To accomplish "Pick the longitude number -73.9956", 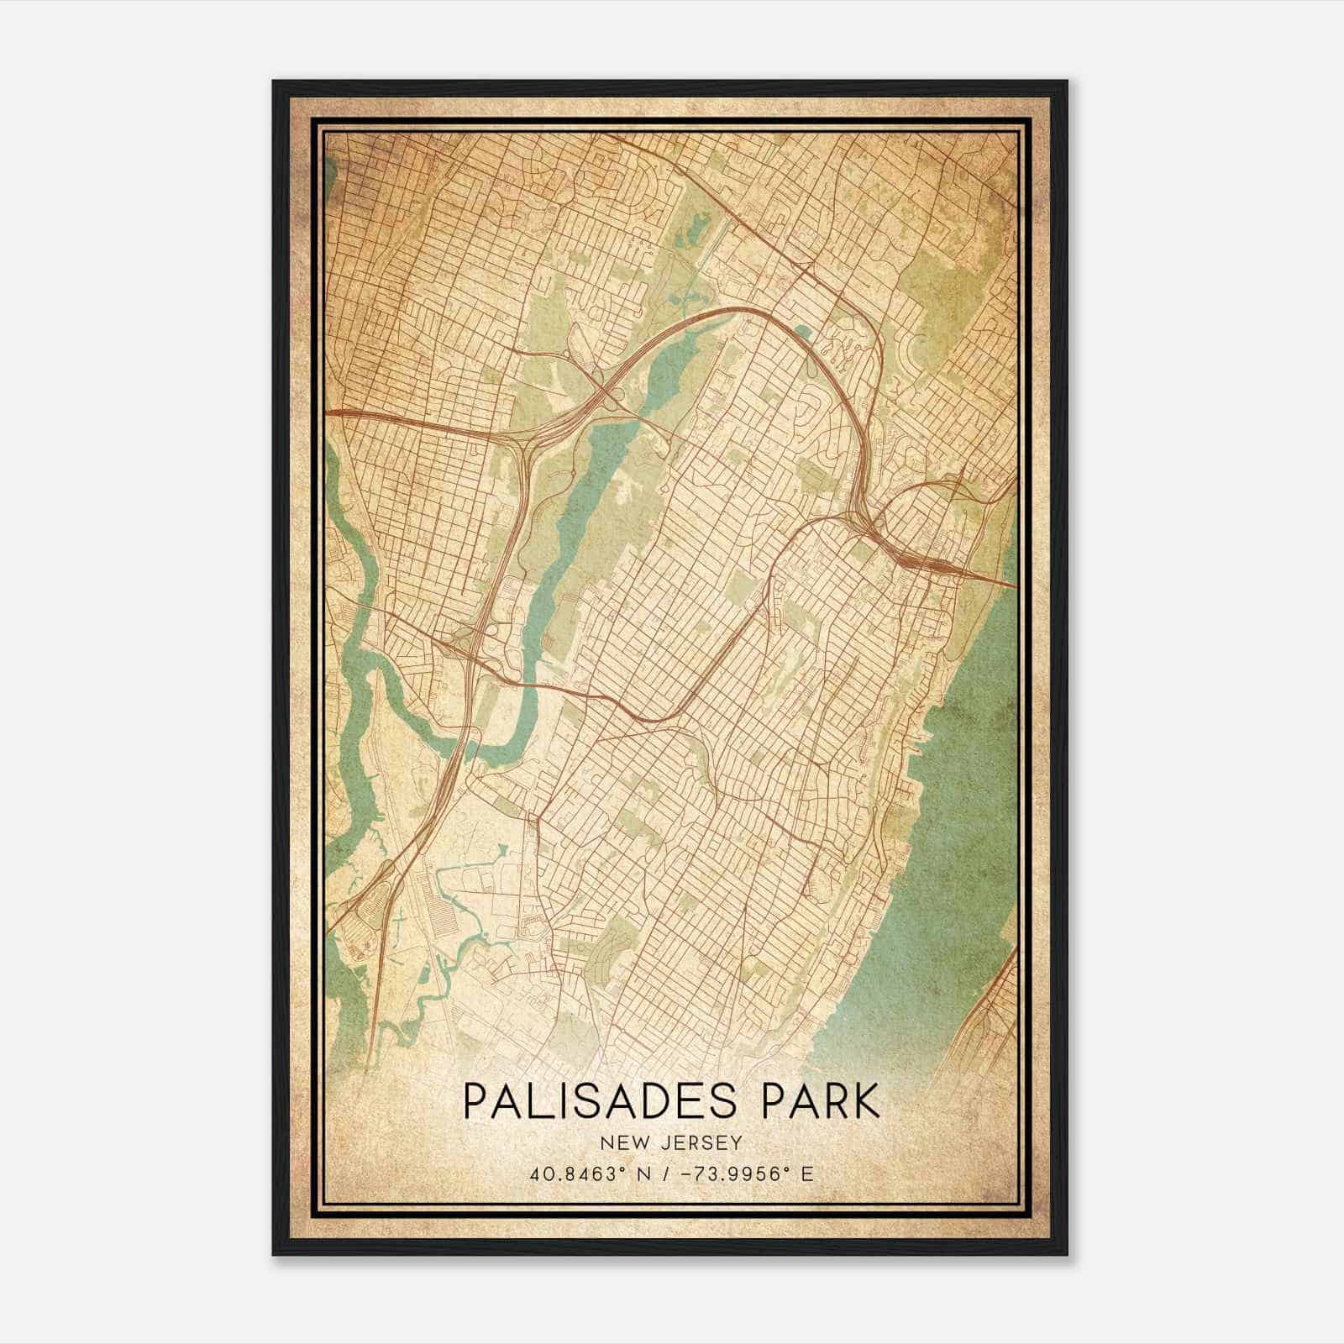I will pos(725,1173).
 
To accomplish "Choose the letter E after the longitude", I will pos(806,1173).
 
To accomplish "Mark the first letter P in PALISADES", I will pos(476,1102).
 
